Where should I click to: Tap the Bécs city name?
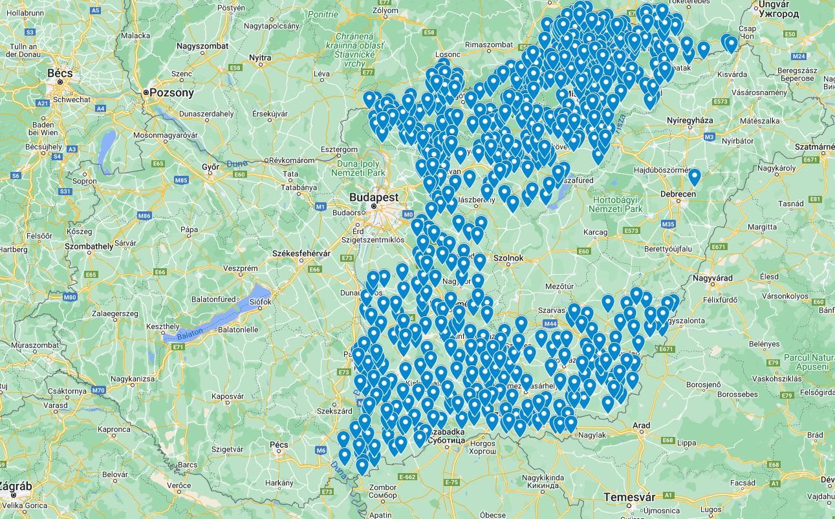60,73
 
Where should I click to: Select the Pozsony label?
171,93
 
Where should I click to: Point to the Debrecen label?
678,194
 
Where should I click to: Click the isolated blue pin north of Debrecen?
694,176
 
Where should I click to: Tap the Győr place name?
211,167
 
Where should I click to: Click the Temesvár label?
629,496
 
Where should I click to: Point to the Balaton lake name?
190,332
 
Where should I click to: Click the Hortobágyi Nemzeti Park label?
618,204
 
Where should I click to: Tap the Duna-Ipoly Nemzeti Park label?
358,168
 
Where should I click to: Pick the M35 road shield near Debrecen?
668,224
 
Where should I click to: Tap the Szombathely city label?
89,246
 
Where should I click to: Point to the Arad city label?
642,426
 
